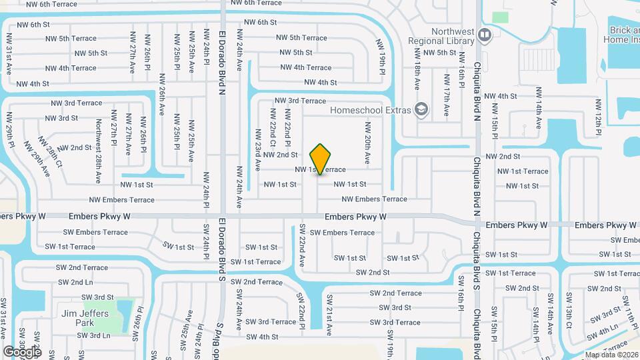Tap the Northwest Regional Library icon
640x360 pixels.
485,34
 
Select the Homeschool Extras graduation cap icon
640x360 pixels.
421,109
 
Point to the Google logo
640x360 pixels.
22,351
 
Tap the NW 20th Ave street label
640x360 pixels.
367,143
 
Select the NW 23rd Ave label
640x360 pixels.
257,149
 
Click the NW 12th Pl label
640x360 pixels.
599,116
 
